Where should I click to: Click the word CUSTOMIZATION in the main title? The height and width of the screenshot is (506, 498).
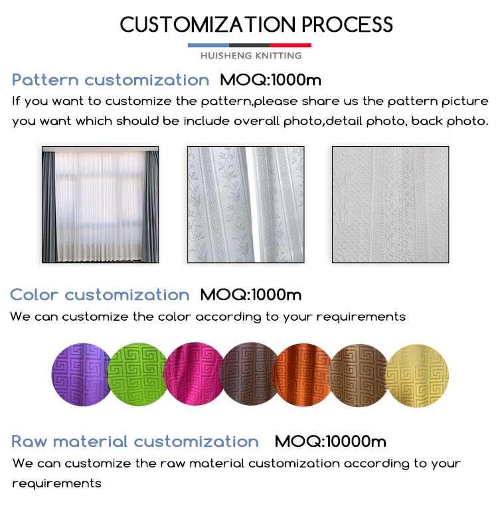(208, 25)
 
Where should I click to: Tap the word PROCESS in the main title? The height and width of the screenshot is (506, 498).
(347, 25)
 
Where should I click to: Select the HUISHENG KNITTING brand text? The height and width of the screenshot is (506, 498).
(251, 56)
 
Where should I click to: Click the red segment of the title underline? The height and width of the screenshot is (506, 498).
(290, 46)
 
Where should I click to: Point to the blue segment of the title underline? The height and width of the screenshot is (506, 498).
(208, 46)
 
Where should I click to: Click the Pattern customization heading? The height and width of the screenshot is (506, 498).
(110, 80)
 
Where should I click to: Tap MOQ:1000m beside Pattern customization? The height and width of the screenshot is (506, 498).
(270, 80)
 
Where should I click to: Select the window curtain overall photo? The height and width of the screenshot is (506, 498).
(100, 205)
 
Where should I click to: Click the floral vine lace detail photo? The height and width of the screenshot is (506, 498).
(246, 205)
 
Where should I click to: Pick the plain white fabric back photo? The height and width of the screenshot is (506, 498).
(390, 205)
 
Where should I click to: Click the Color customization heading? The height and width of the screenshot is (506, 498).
(100, 295)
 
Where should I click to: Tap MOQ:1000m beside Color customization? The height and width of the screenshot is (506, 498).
(251, 295)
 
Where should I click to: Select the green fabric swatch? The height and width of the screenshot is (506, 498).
(138, 375)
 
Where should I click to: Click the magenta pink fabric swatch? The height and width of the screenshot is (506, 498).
(194, 375)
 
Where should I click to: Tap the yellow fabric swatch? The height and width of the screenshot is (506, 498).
(417, 376)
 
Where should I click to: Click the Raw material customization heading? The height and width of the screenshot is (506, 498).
(135, 442)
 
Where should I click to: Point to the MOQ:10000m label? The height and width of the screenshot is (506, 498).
(330, 442)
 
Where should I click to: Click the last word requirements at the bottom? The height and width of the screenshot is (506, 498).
(57, 483)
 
